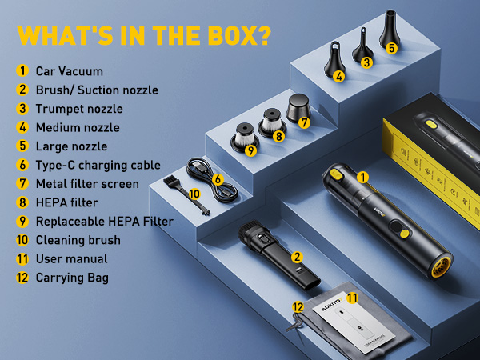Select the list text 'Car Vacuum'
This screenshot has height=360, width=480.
tap(70, 71)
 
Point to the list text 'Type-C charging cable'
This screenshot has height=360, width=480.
tap(98, 166)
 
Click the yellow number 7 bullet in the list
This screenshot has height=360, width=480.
tap(22, 184)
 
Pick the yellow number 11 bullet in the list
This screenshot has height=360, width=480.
tap(22, 259)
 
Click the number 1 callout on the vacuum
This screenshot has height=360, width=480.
tap(362, 177)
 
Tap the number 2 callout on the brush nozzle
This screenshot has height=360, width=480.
tap(296, 257)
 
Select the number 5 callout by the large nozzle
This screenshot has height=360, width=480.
tap(391, 47)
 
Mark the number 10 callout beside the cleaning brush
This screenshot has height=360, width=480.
tap(194, 194)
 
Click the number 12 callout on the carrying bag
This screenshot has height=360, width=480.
tap(298, 306)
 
